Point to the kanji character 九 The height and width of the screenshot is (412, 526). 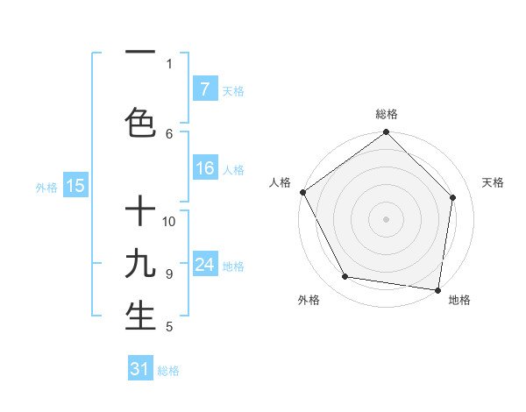(140, 263)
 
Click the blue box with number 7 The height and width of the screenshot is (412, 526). (204, 89)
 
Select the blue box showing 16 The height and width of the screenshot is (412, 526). (204, 169)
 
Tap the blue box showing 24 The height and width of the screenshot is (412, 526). (204, 266)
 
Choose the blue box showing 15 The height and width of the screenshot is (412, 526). (75, 186)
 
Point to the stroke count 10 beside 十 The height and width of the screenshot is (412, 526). (170, 221)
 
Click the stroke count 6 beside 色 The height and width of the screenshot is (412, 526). (169, 133)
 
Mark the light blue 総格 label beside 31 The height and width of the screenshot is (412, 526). (168, 371)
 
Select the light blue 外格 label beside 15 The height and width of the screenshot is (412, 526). (46, 187)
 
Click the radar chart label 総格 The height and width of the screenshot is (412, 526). (387, 114)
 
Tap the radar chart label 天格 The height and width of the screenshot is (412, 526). (493, 182)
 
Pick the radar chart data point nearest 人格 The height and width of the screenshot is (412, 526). (302, 192)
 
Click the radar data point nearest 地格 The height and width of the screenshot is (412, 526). (438, 289)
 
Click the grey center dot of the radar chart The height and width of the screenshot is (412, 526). (387, 218)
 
